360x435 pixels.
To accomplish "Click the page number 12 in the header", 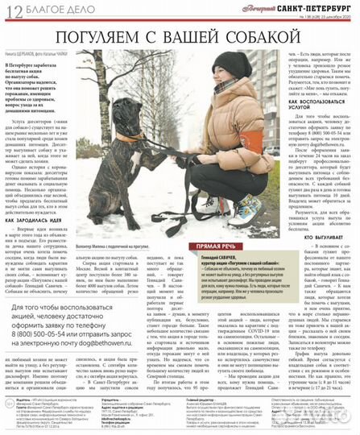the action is tap(11, 10).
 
